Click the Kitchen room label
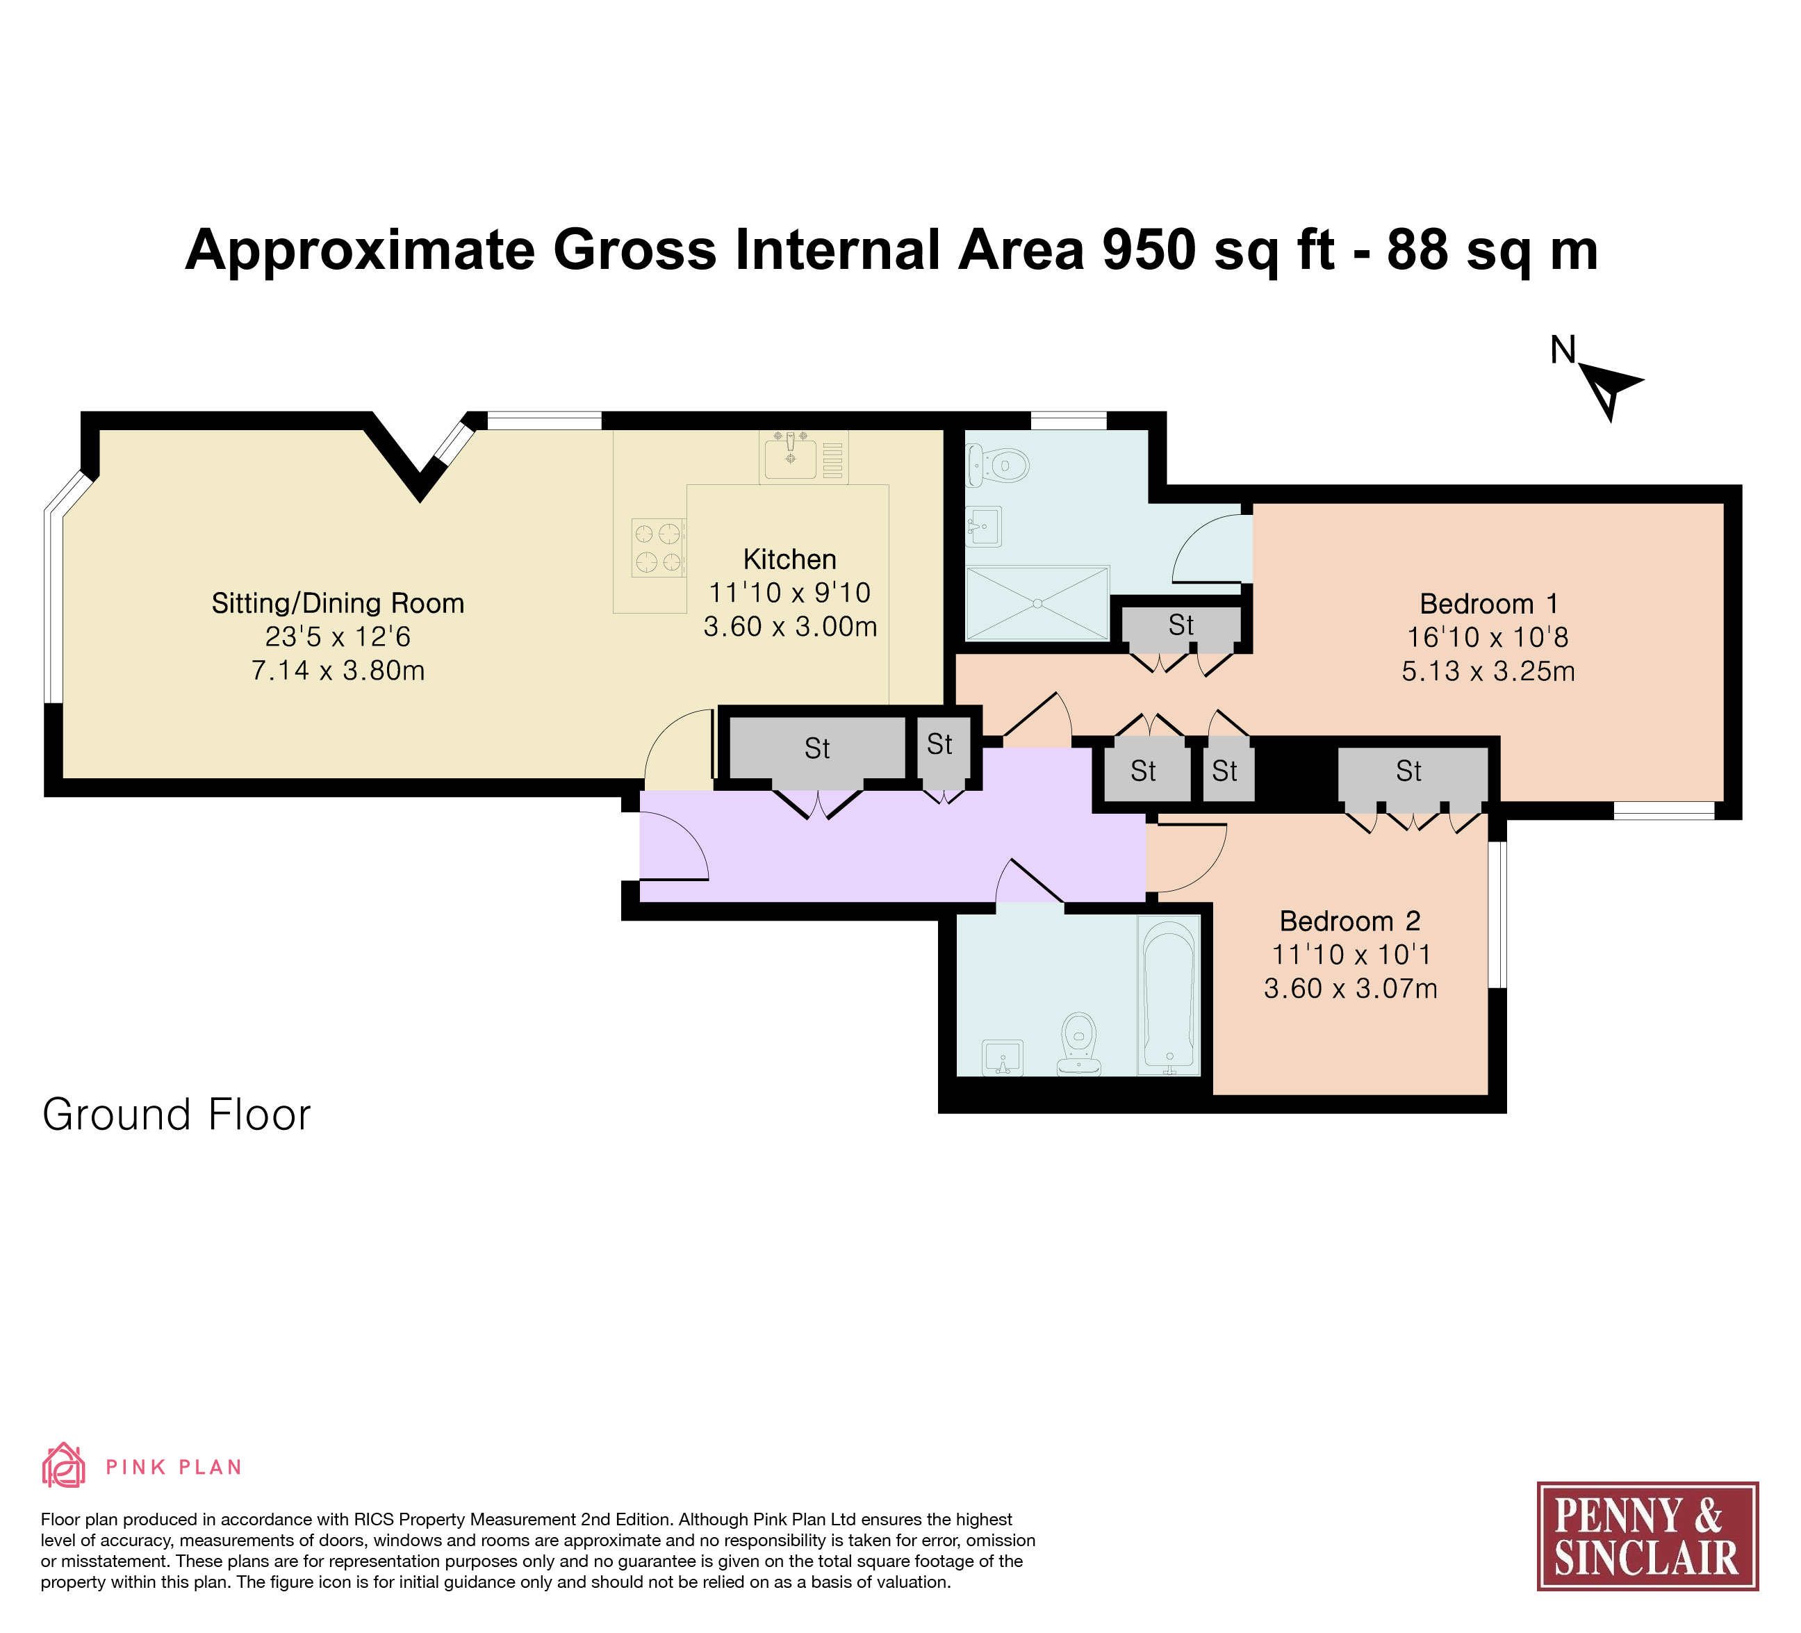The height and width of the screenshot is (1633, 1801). (x=790, y=560)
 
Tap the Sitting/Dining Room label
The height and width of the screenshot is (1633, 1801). (x=338, y=604)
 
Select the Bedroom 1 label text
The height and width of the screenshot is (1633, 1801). (x=1488, y=604)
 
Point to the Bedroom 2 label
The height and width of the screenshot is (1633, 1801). (x=1350, y=921)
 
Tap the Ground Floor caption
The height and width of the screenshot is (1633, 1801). (x=176, y=1115)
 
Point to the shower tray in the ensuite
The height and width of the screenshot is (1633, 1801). (x=1037, y=604)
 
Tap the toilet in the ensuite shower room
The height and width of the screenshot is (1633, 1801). (x=996, y=466)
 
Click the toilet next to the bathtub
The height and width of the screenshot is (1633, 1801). (x=1079, y=1044)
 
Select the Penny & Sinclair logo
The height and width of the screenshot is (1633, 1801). (x=1647, y=1536)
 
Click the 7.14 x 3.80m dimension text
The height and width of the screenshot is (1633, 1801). (x=338, y=670)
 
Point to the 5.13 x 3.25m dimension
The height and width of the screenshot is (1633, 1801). (x=1488, y=671)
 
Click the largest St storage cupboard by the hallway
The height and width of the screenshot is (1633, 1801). (x=817, y=748)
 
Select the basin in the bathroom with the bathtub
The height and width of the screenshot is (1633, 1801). (x=1003, y=1058)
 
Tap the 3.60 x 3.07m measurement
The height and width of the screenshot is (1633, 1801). (x=1350, y=989)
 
